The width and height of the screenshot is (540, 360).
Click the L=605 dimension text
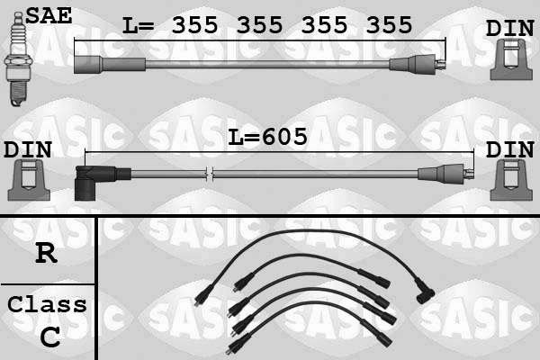[x=267, y=138]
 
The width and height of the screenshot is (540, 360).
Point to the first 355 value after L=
[x=194, y=26]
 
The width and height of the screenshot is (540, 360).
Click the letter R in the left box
[x=46, y=253]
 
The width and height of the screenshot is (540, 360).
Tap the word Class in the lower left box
[x=47, y=304]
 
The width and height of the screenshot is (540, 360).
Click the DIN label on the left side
[x=27, y=149]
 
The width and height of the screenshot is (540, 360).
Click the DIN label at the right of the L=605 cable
[x=509, y=149]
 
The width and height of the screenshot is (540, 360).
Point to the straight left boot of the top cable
[x=108, y=65]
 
